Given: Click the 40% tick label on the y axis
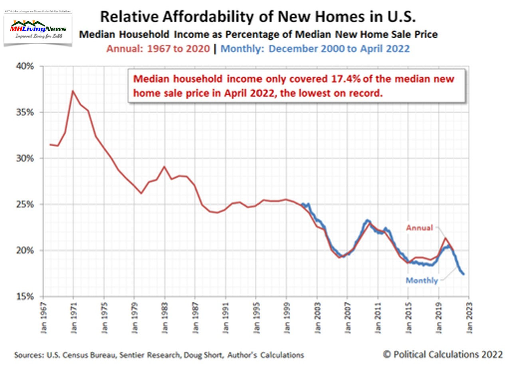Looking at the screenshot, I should click(x=25, y=66).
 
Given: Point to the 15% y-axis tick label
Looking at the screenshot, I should click(x=25, y=297).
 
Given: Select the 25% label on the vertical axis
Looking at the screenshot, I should click(x=25, y=204).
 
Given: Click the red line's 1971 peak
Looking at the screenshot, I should click(x=73, y=91).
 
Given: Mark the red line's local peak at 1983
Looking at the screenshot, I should click(x=164, y=166).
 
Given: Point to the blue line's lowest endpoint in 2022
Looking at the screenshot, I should click(x=463, y=274).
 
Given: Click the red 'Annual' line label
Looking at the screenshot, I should click(x=419, y=228).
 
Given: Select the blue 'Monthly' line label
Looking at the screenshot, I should click(x=422, y=281).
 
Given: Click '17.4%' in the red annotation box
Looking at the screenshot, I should click(x=346, y=79).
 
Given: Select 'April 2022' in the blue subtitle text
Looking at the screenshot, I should click(x=385, y=49).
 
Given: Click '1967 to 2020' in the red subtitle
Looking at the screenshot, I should click(x=178, y=49).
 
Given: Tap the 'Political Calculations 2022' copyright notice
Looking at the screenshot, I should click(x=443, y=354).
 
